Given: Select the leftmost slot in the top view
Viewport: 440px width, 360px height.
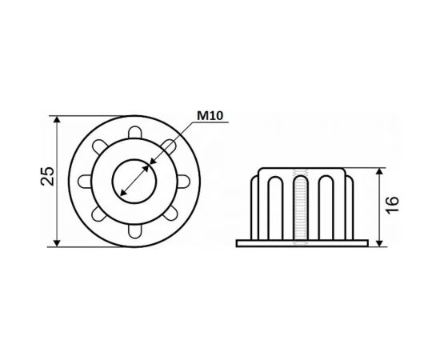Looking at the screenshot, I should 83,181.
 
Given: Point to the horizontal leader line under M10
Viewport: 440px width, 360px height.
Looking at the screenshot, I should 211,122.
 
